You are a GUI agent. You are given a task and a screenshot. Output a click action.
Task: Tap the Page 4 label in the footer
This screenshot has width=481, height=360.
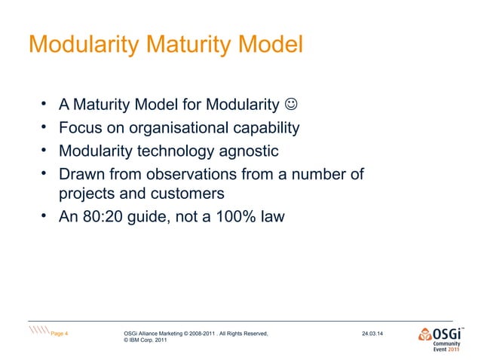(60, 332)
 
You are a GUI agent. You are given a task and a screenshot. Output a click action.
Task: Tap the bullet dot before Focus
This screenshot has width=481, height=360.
(44, 126)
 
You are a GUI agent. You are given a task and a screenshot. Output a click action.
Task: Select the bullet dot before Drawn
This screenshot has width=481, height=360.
(44, 172)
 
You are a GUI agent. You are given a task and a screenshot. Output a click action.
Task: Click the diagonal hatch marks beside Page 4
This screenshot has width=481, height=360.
(38, 332)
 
